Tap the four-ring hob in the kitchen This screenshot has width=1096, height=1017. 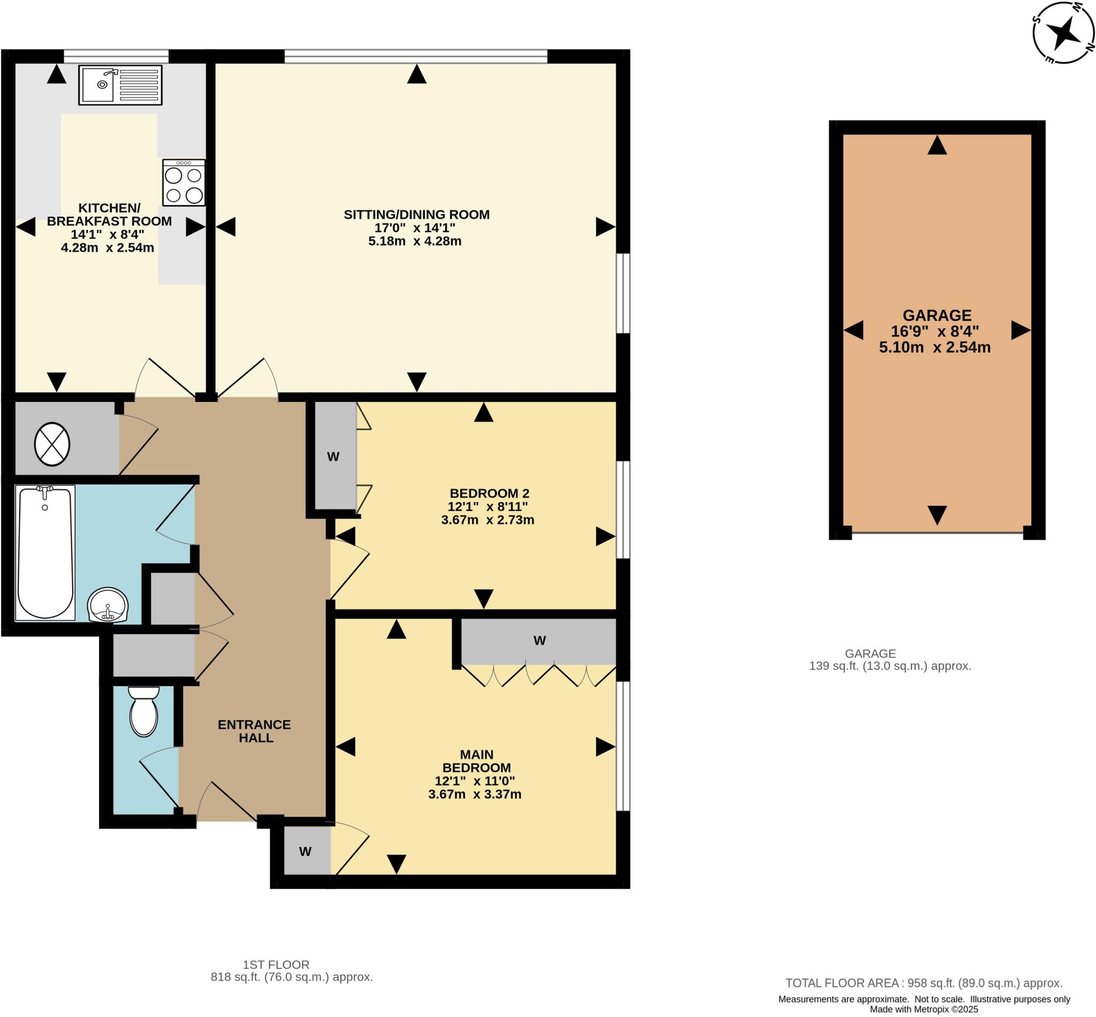point(184,183)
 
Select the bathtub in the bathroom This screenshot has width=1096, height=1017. point(45,552)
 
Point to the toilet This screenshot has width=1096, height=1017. point(144,711)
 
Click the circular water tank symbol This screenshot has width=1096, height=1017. point(52,444)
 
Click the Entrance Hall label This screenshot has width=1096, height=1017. point(254,731)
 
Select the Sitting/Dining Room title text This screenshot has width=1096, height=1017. point(416,214)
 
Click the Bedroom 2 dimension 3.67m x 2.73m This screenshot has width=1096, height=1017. point(488,520)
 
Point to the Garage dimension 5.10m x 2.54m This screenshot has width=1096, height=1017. point(934,348)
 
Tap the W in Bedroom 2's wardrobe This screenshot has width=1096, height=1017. point(333,456)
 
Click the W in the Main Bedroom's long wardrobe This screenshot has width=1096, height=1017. point(540,640)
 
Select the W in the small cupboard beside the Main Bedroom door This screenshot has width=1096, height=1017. point(305,851)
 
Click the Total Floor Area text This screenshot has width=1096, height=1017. point(924,983)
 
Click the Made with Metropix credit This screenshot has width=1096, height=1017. point(924,1010)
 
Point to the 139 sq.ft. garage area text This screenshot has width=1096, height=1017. point(890,666)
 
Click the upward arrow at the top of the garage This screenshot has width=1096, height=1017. point(937,145)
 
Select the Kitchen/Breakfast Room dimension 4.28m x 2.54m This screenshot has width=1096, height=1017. point(108,248)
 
